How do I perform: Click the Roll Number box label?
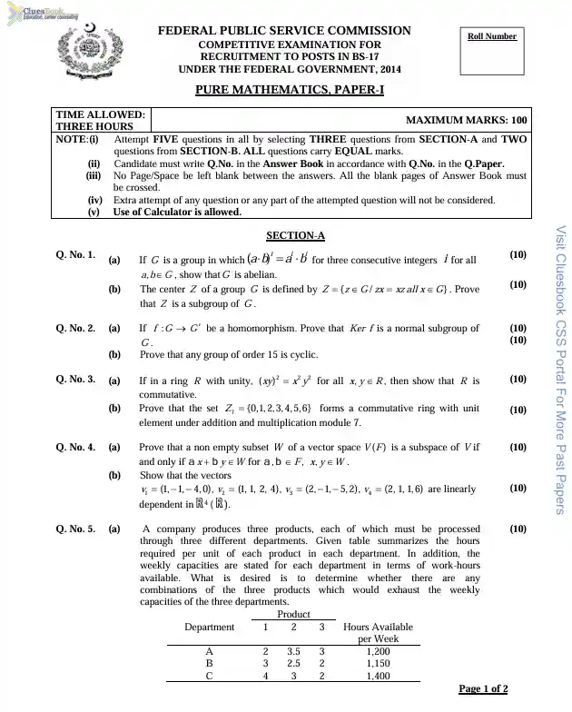492,36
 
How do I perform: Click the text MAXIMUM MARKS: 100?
452,120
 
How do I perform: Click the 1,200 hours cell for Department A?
378,651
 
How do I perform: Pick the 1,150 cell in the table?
378,664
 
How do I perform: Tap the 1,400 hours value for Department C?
378,677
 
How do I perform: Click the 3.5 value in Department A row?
293,651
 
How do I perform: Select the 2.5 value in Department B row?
293,664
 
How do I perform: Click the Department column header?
209,627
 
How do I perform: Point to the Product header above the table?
293,615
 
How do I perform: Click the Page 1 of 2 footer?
483,689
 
